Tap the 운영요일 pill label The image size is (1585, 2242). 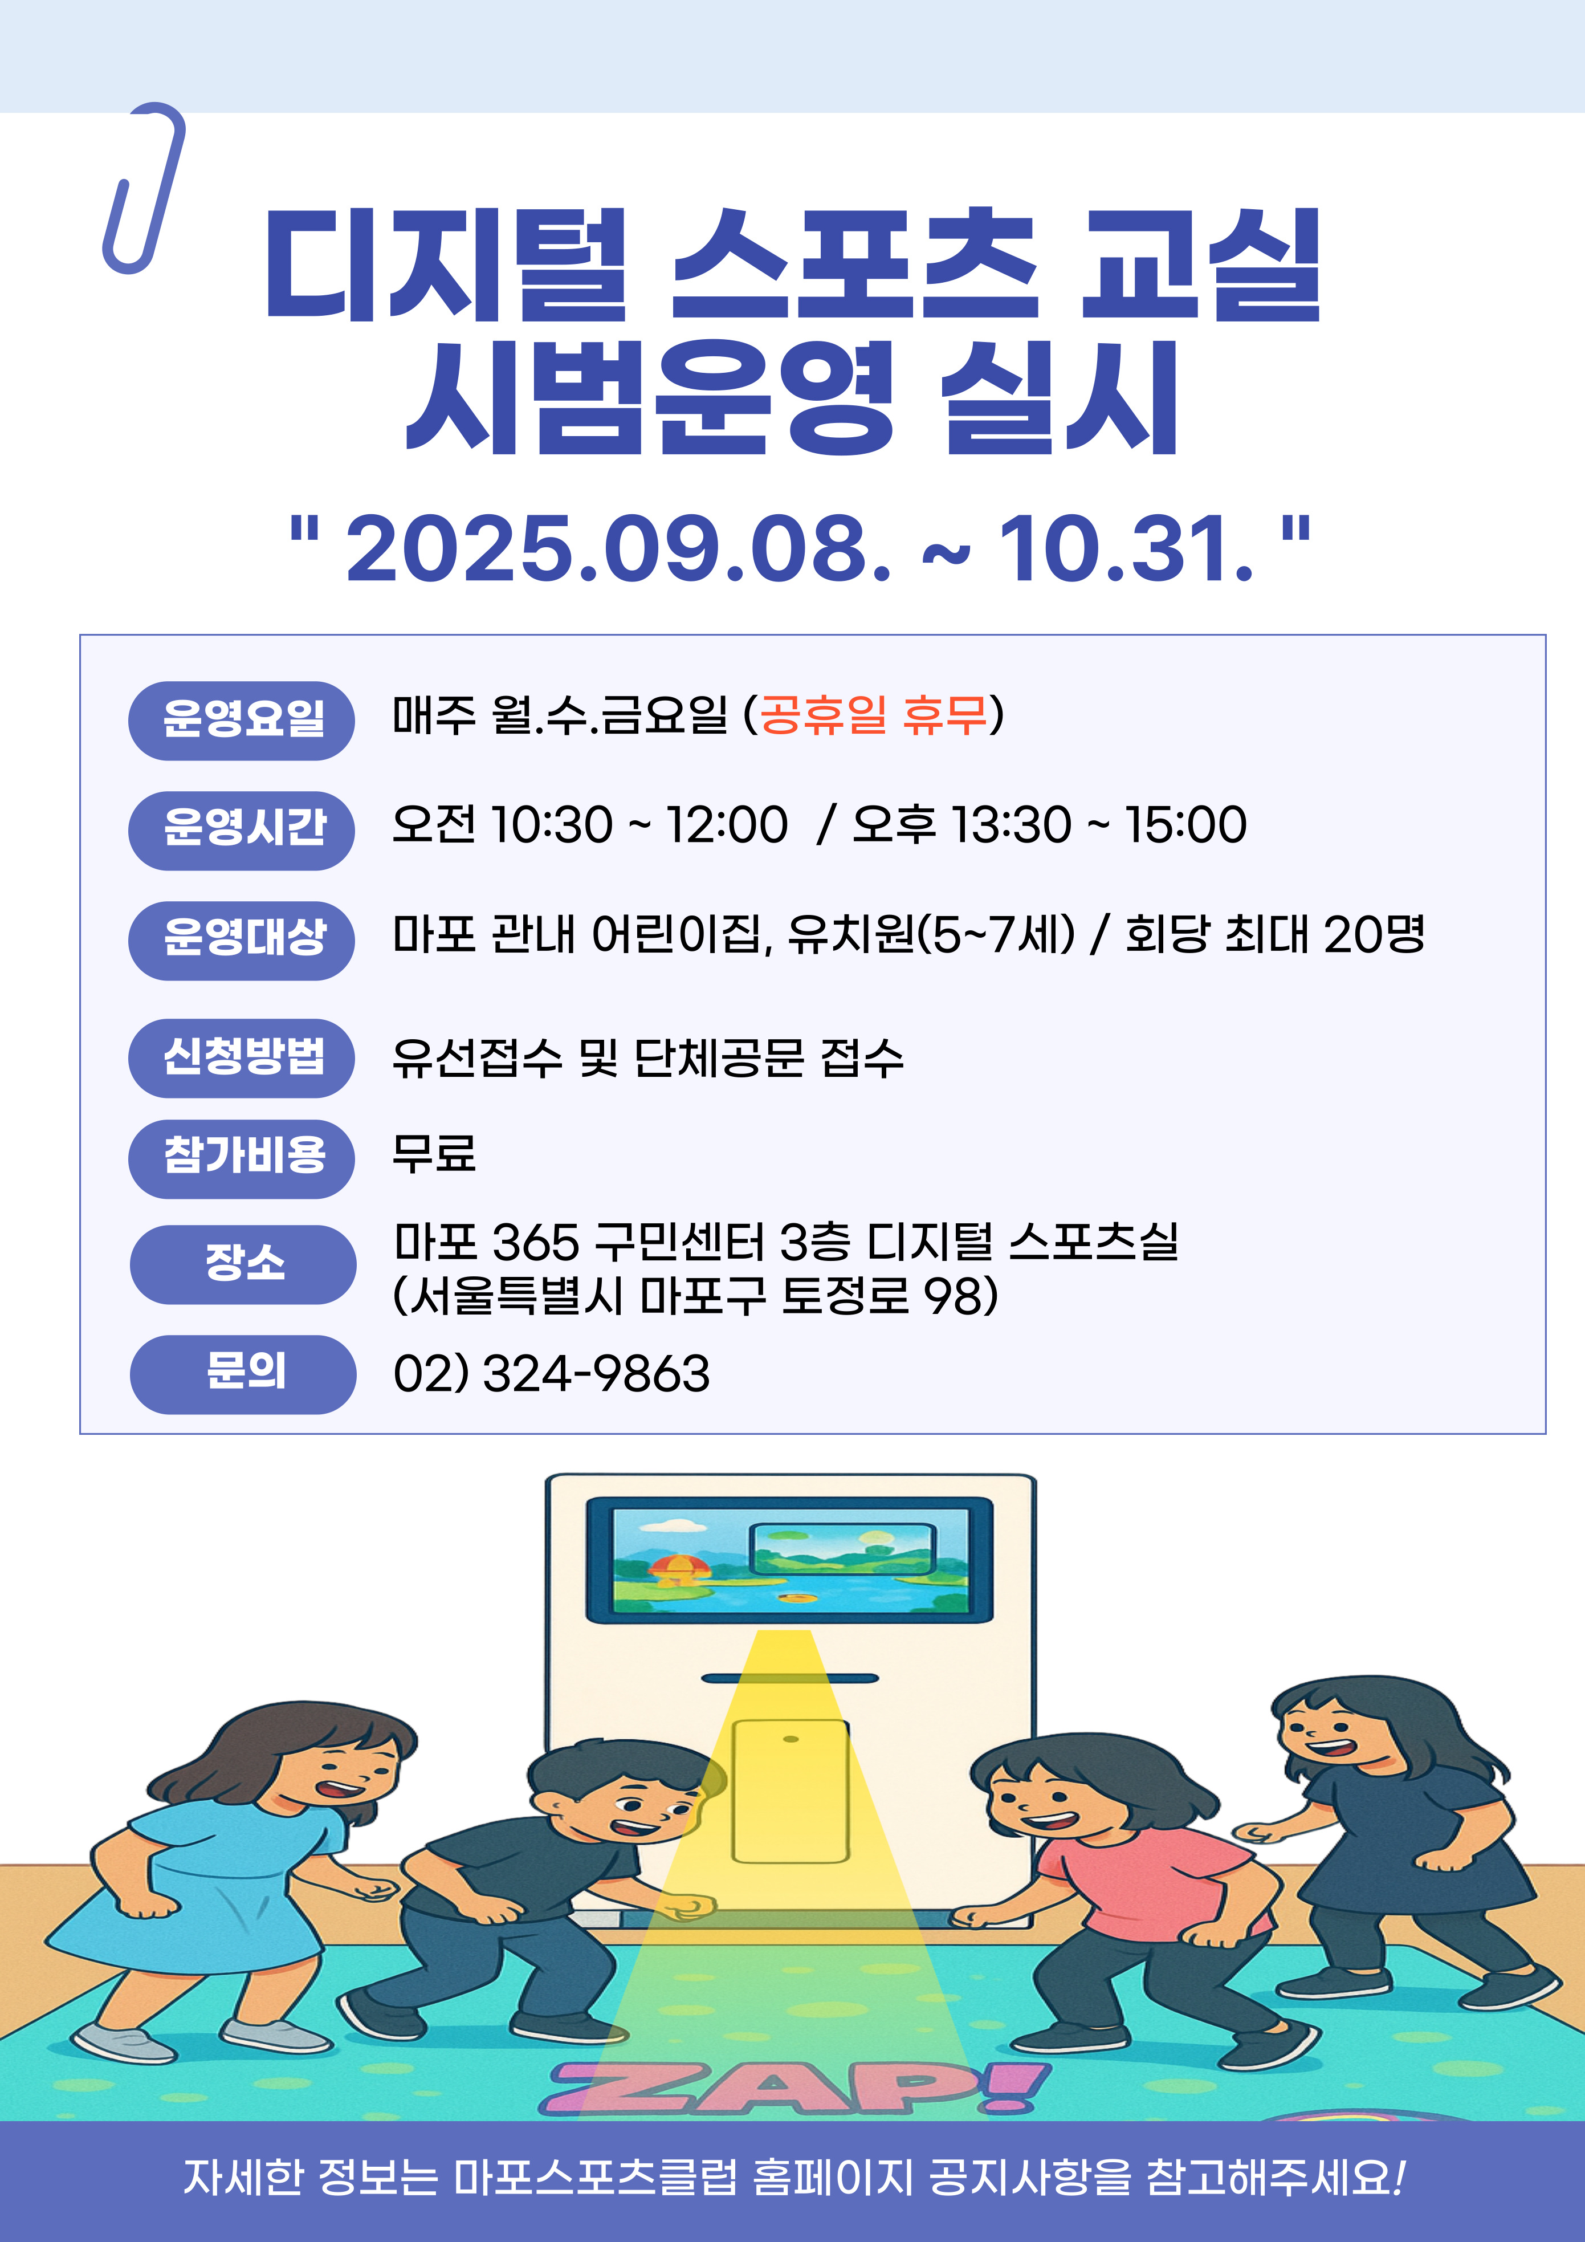click(241, 721)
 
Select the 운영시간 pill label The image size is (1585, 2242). click(241, 830)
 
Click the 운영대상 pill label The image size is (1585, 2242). click(241, 941)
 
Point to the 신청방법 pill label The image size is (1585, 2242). click(241, 1057)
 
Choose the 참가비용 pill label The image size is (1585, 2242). click(241, 1159)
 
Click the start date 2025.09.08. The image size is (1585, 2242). click(619, 549)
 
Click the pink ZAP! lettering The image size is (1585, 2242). click(798, 2088)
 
